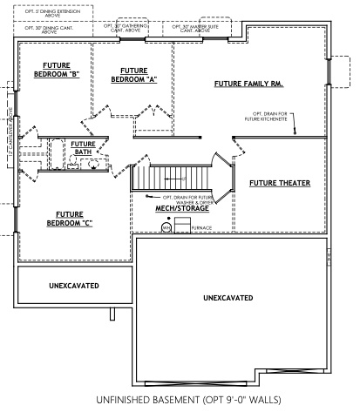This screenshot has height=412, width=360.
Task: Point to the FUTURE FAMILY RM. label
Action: (246, 84)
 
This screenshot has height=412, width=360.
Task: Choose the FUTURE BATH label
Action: (83, 148)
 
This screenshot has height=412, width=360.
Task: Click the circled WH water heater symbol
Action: (165, 228)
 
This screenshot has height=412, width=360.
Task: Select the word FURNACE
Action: (202, 228)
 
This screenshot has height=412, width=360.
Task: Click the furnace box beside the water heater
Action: (181, 226)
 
